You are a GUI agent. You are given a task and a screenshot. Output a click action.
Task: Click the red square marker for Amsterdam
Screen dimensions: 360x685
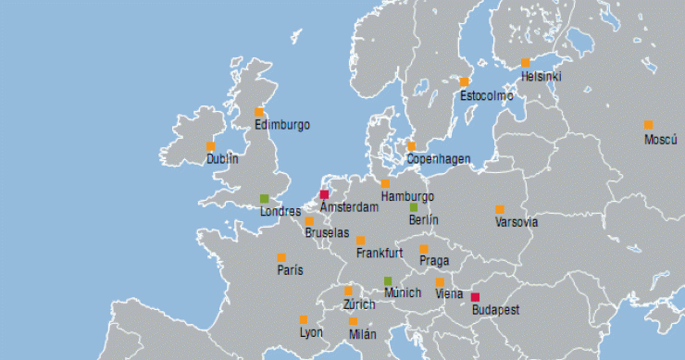(x=324, y=194)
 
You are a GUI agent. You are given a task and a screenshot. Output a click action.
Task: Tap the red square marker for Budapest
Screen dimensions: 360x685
(x=475, y=297)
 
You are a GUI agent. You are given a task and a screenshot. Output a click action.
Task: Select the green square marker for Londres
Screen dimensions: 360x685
(x=264, y=198)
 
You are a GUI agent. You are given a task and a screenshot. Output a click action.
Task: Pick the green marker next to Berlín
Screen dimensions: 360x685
(x=414, y=207)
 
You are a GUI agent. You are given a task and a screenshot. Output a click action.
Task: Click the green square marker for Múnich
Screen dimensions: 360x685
(x=388, y=280)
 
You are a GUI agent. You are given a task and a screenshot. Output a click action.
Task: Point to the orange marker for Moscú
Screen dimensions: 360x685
(x=648, y=125)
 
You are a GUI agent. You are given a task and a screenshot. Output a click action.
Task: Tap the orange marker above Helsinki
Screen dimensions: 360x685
(x=525, y=63)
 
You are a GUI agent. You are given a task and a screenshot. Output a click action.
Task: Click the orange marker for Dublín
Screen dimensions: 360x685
(x=210, y=146)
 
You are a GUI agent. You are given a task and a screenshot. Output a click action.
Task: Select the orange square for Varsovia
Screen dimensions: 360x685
(x=500, y=209)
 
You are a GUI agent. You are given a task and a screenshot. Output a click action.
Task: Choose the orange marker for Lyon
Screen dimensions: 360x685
(x=304, y=319)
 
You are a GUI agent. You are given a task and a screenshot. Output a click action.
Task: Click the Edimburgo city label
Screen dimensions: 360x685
(x=282, y=124)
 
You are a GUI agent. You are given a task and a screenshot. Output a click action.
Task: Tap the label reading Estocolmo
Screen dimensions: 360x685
(x=486, y=95)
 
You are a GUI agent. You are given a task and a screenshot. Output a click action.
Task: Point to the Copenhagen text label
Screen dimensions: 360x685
(x=439, y=159)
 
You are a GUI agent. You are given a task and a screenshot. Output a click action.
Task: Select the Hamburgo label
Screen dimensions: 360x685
(x=407, y=196)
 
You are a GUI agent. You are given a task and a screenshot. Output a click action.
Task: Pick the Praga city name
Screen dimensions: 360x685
(x=433, y=261)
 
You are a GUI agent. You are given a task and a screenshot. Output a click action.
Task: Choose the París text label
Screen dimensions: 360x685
(x=290, y=270)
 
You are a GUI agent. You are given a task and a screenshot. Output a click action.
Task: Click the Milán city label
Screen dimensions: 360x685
(x=363, y=334)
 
